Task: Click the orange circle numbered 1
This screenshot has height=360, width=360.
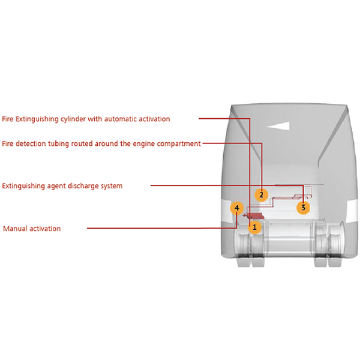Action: tap(254, 227)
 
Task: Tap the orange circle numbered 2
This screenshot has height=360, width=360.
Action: tap(261, 195)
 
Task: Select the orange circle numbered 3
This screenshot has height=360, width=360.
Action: tap(303, 208)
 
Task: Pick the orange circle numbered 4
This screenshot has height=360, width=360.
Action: tap(237, 208)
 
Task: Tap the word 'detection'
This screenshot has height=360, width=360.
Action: tap(31, 144)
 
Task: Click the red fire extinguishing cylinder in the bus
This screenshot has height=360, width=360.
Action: tap(254, 216)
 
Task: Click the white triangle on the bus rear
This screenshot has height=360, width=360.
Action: tap(278, 126)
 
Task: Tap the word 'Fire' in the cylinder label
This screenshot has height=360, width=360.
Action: tap(8, 119)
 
